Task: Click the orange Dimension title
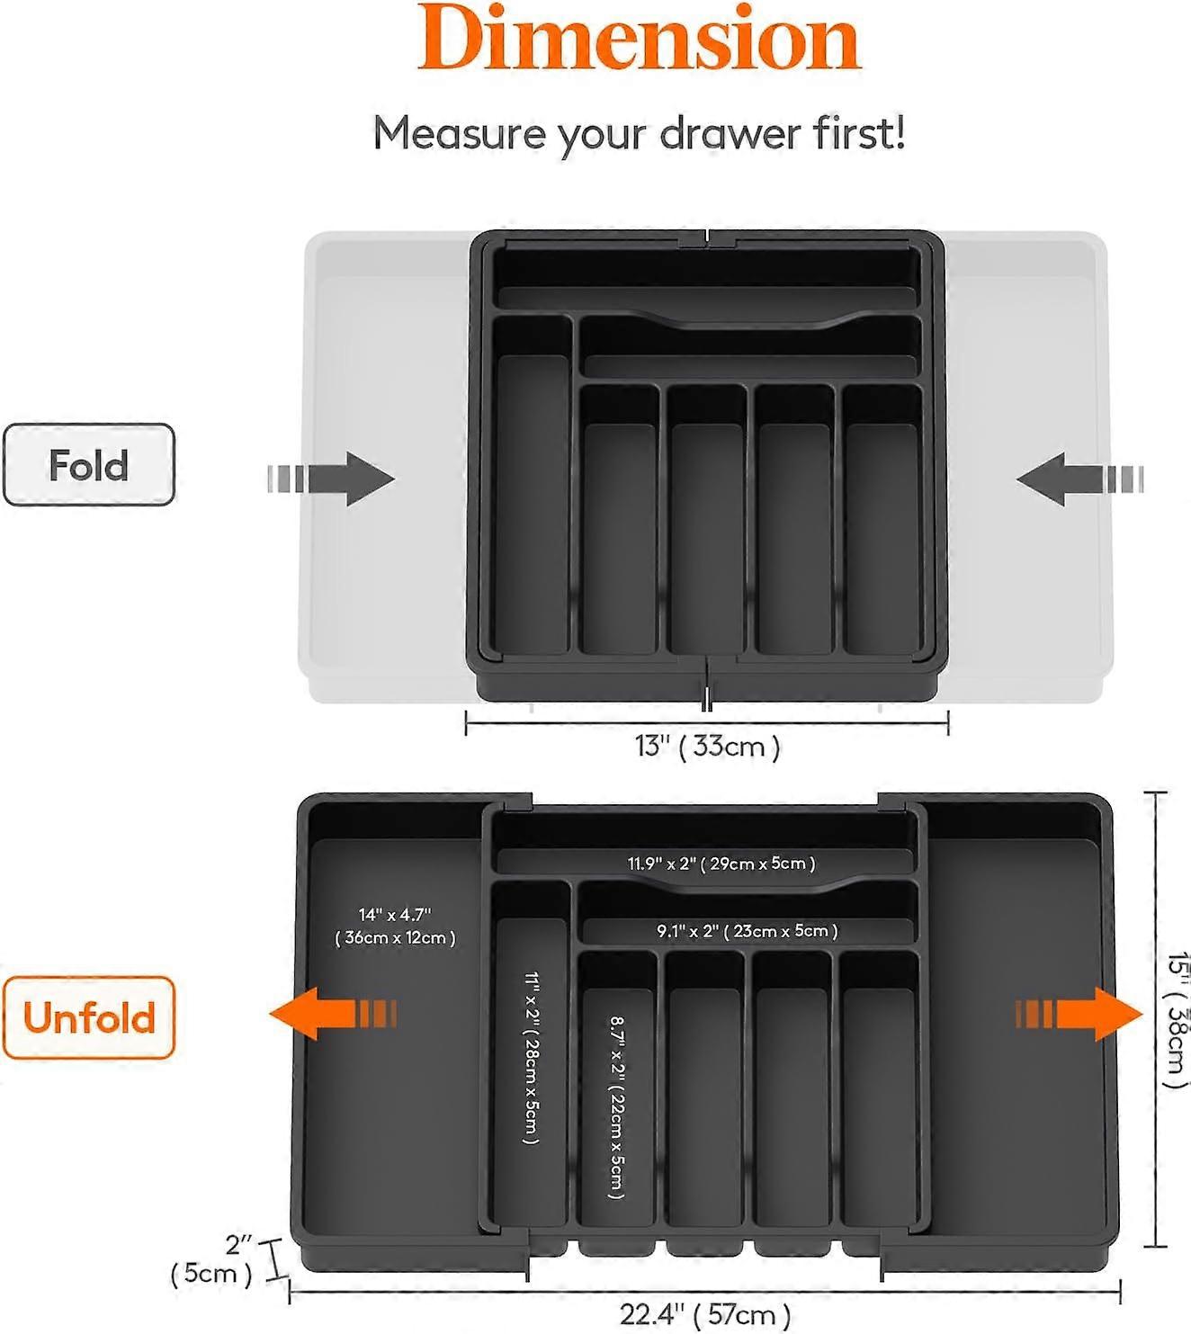point(639,40)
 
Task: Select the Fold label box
point(88,465)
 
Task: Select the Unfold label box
point(88,1017)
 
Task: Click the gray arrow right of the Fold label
point(331,479)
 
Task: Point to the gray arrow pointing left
point(1079,479)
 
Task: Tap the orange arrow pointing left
point(332,1014)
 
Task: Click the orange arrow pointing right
point(1079,1014)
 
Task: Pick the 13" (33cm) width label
point(707,747)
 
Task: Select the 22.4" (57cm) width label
point(705,1314)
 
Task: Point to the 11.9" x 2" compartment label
point(721,864)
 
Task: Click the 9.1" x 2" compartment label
point(747,931)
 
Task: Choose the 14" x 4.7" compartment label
point(395,915)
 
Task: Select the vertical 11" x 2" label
point(532,1057)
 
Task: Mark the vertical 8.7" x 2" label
point(617,1106)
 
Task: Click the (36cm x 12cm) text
point(395,938)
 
